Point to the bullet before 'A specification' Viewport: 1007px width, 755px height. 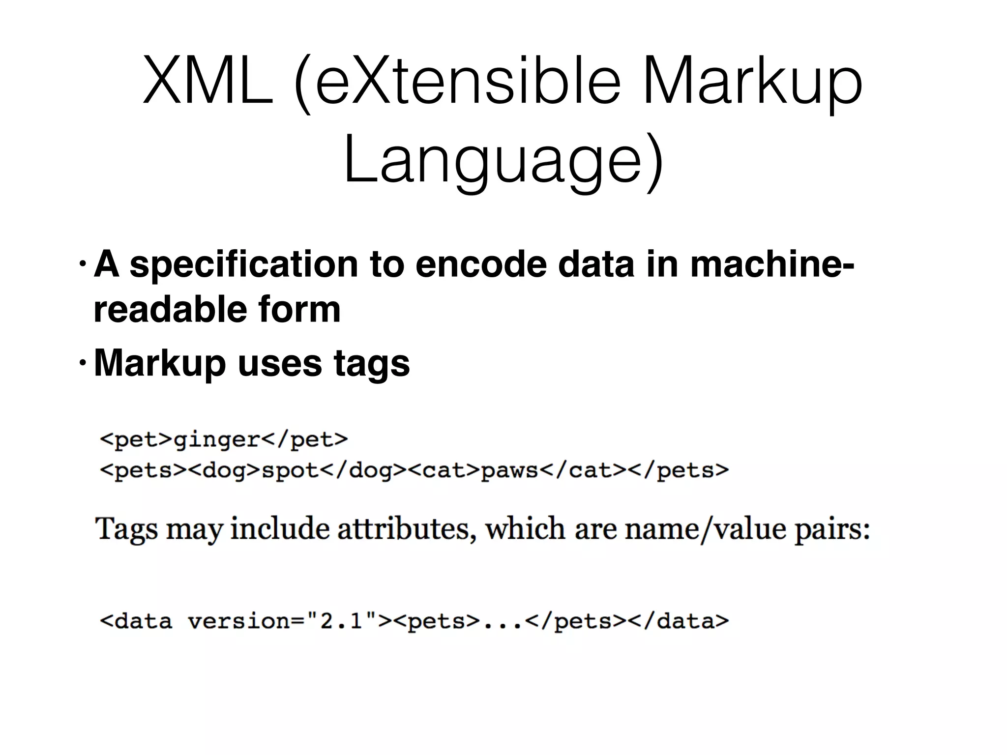[82, 266]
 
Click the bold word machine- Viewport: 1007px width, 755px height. [772, 264]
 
